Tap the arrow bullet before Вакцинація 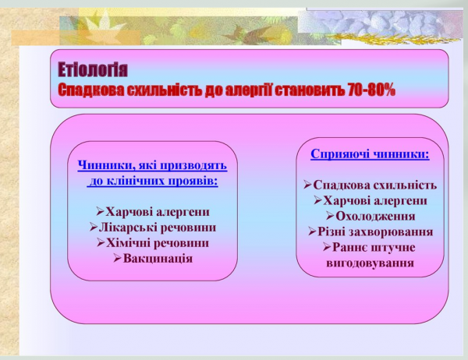click(x=117, y=258)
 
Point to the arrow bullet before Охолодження click(x=330, y=216)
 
